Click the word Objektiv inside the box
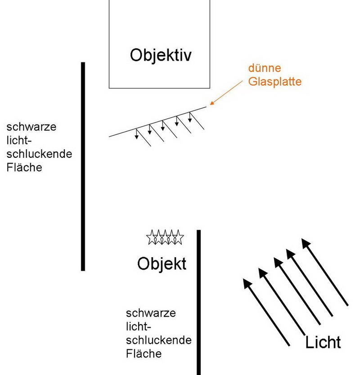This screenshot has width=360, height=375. tap(161, 55)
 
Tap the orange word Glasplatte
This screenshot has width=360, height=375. tap(275, 82)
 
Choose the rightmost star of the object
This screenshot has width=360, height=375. tap(178, 237)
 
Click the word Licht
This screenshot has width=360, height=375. tap(323, 343)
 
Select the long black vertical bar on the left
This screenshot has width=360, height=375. tap(83, 166)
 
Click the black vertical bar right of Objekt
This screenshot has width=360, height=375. tap(198, 301)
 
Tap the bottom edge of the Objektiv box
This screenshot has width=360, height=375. tap(160, 88)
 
